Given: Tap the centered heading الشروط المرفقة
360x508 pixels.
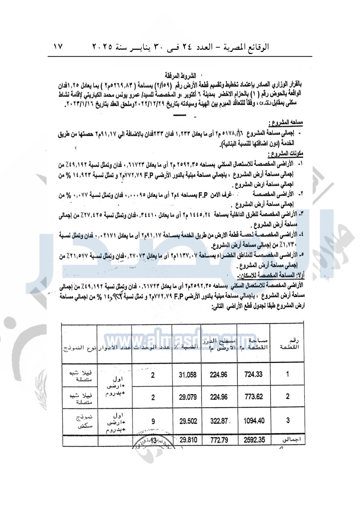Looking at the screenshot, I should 180,76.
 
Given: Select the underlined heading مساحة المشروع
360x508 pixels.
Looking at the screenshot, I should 287,123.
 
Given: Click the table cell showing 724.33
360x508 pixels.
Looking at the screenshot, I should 253,374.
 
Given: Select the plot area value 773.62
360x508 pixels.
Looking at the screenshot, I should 253,397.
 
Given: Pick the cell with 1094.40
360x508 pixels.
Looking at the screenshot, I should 254,421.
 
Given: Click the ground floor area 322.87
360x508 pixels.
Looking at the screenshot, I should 219,421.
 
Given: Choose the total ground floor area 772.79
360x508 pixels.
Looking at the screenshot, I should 219,440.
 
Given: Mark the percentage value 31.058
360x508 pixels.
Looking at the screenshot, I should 188,375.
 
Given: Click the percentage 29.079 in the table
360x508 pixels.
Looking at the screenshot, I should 188,397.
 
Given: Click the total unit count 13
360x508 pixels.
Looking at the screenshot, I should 153,440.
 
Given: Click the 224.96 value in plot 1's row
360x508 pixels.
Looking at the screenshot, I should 218,375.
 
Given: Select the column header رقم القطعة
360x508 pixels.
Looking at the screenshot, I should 289,344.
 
